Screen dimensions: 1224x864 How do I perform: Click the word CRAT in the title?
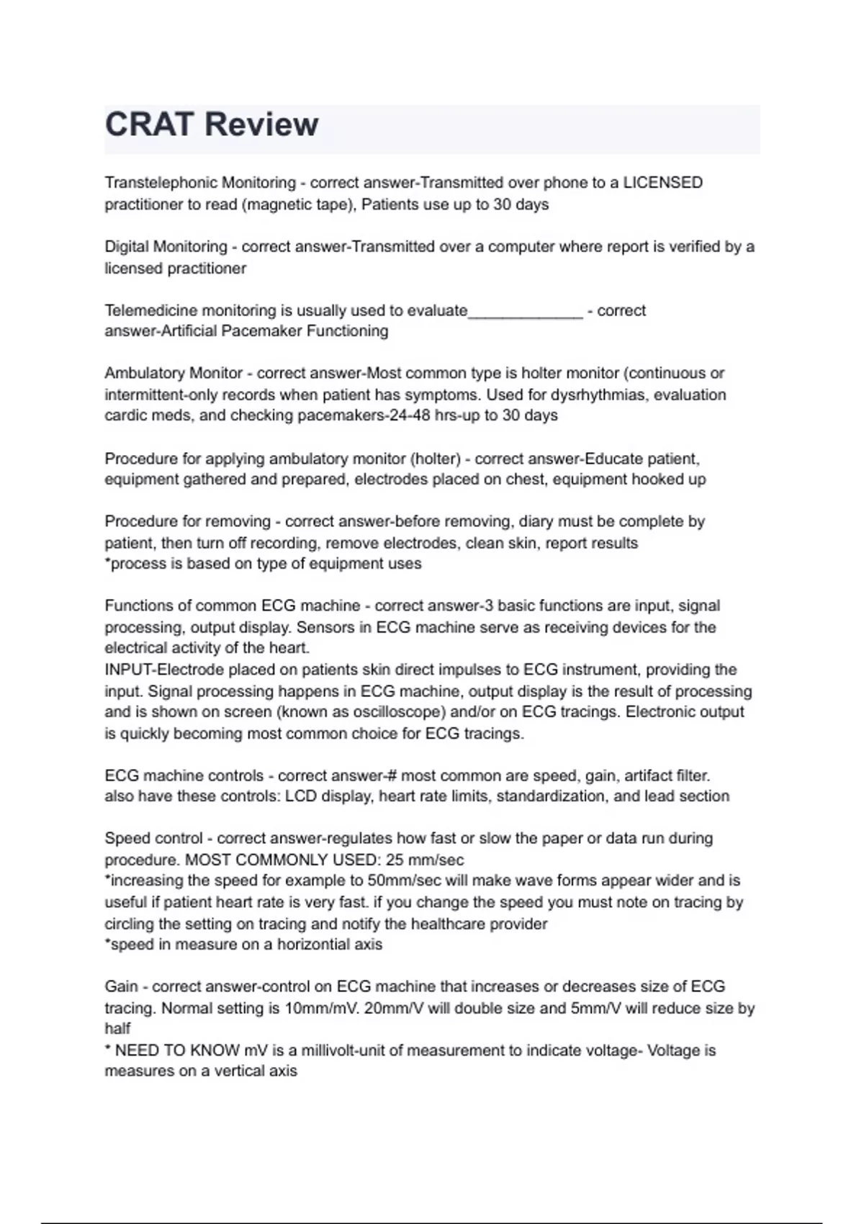click(148, 125)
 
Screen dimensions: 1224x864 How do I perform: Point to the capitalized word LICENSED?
click(662, 183)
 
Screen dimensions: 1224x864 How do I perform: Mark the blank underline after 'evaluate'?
click(525, 312)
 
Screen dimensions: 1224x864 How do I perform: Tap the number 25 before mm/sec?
click(395, 860)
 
